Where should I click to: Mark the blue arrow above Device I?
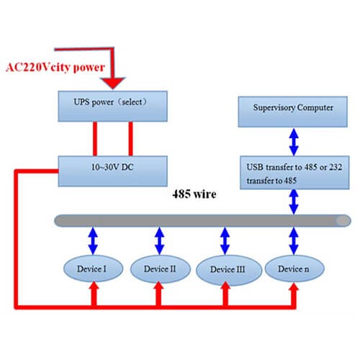click(91, 239)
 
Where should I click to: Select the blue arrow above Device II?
click(158, 239)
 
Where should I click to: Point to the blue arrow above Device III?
click(225, 239)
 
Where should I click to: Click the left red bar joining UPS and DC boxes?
click(93, 137)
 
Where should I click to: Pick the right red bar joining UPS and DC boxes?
click(131, 137)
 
